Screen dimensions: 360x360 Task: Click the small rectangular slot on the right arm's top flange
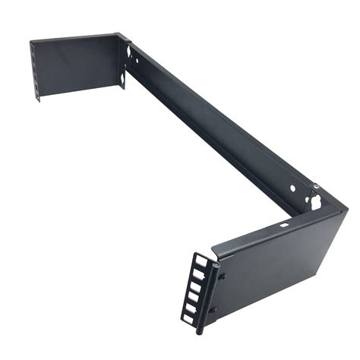[x=284, y=224]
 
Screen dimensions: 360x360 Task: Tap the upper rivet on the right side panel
[x=222, y=274]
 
